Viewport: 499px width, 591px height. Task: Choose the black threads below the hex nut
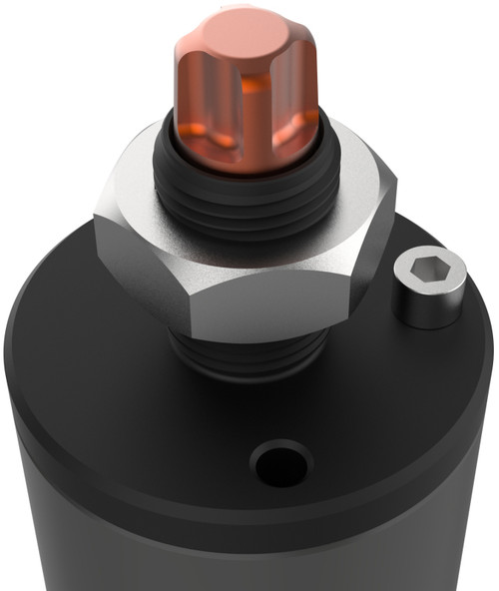[x=249, y=354]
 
